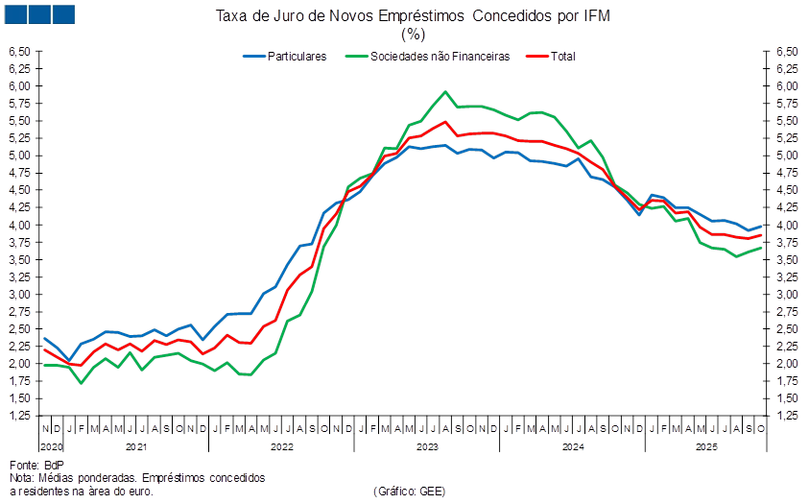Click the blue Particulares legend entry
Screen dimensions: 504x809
tap(285, 56)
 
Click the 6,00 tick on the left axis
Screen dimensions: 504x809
tap(21, 85)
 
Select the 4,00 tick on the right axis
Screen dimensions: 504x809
tap(786, 225)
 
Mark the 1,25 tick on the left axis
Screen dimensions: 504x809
tap(21, 416)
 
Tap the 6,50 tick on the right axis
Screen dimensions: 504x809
tap(786, 51)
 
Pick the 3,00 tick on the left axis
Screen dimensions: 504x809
tap(21, 295)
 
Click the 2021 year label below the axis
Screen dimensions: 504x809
tap(136, 446)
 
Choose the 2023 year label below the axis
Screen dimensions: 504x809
tap(427, 446)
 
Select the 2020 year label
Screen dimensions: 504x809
tap(49, 446)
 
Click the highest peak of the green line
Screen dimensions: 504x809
tap(445, 92)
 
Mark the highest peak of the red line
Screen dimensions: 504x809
tap(445, 121)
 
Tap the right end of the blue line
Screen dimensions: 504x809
tap(762, 226)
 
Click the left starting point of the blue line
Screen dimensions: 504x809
tap(44, 338)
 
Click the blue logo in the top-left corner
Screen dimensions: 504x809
tap(39, 14)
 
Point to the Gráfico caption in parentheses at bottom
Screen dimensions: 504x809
tap(408, 491)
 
